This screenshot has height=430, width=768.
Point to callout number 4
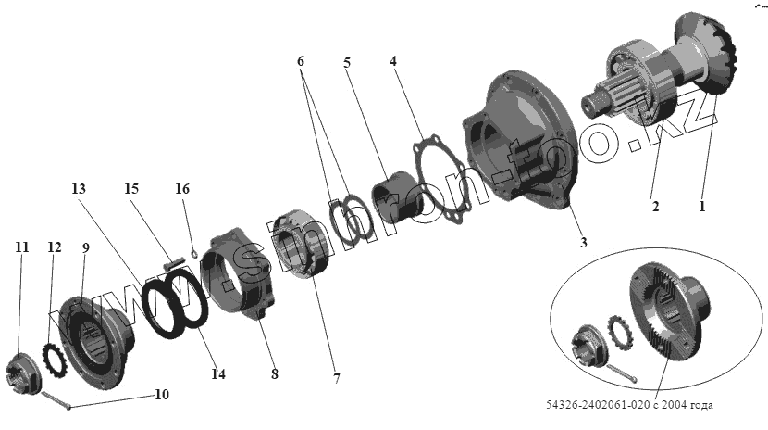[392, 62]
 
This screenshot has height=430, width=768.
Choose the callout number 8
[275, 373]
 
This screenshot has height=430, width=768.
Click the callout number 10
[161, 395]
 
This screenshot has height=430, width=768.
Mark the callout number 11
[22, 247]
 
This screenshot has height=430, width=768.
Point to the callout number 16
[182, 188]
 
